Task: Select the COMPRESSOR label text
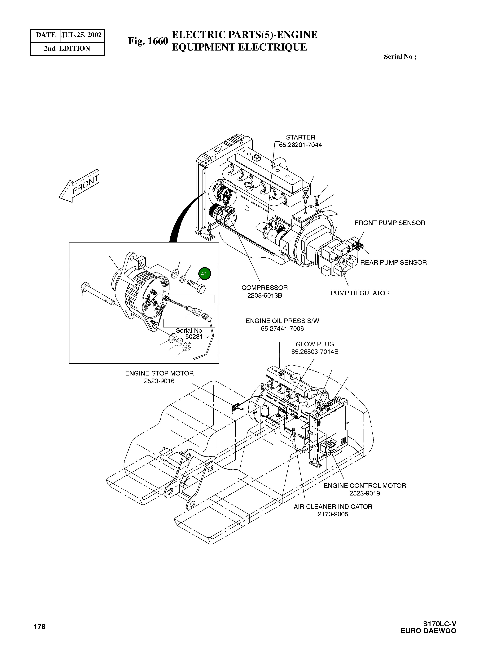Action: point(264,288)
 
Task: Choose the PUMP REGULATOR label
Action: point(360,293)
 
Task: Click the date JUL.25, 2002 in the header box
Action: point(82,35)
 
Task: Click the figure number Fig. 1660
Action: point(148,41)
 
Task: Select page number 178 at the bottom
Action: point(39,627)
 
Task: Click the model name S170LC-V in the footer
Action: point(439,624)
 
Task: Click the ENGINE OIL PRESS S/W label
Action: point(282,321)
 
